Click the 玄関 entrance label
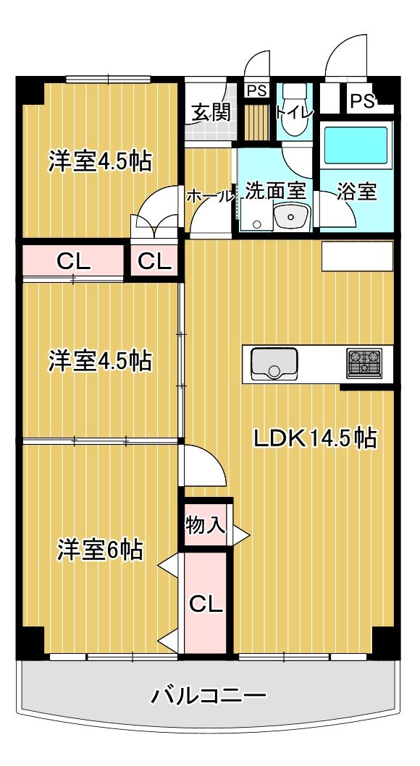211,113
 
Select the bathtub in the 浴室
356,145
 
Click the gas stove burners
364,363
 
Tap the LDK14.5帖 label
315,438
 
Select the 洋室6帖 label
100,550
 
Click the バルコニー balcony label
209,694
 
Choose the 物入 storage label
206,526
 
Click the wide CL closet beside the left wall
73,262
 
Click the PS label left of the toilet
256,90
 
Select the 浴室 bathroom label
357,192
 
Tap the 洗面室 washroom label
276,191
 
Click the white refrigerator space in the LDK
358,255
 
